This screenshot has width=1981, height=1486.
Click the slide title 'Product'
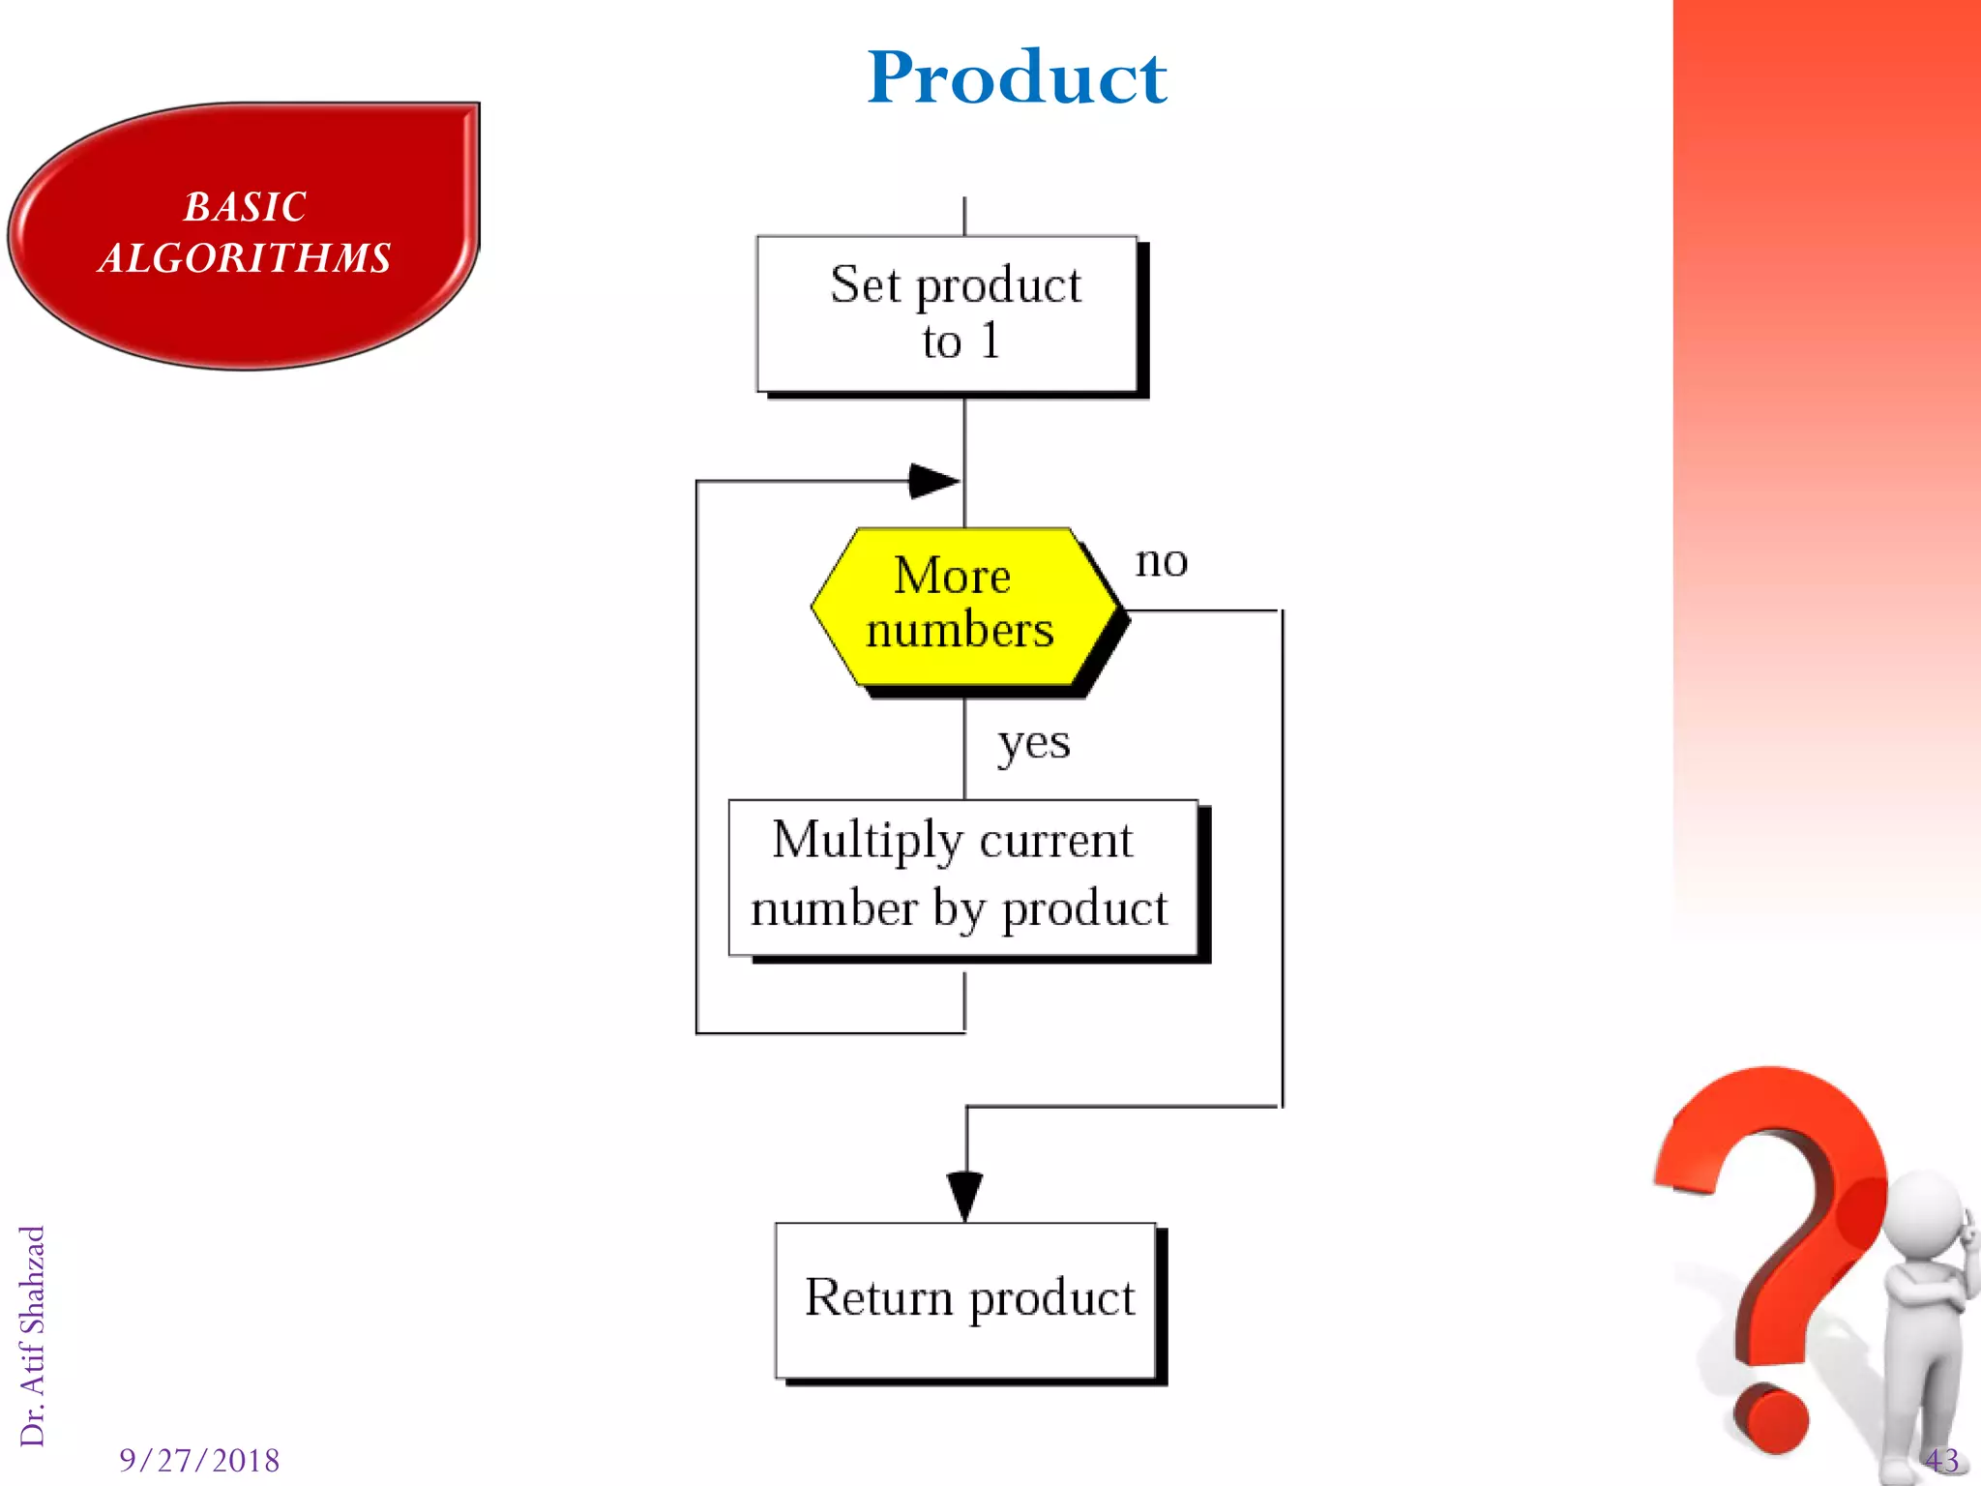tap(1017, 77)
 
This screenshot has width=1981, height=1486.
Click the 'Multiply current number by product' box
tap(963, 877)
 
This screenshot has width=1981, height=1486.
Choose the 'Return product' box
tap(966, 1299)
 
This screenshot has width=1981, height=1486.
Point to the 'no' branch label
tap(1161, 561)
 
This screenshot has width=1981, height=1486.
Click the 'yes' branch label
tap(1034, 744)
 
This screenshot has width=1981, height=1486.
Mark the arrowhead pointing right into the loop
tap(932, 480)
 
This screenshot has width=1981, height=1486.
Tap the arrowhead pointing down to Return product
tap(964, 1195)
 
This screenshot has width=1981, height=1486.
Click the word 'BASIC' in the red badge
tap(246, 207)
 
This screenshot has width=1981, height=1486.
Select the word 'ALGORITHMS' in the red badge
tap(246, 258)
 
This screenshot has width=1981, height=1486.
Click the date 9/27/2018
tap(199, 1460)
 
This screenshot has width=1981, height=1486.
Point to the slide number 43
tap(1941, 1460)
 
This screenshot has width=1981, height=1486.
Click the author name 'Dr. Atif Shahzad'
tap(33, 1335)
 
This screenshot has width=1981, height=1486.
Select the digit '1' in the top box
tap(990, 341)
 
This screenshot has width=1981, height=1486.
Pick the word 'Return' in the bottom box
tap(878, 1297)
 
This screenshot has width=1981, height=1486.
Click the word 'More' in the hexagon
tap(952, 576)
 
